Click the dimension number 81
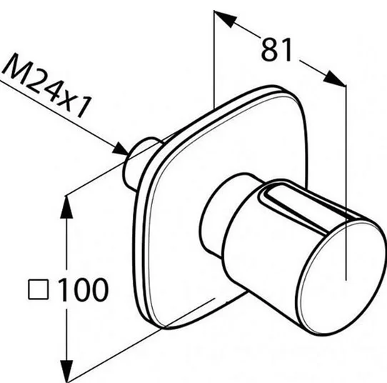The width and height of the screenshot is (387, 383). click(276, 50)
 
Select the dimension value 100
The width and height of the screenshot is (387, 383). click(84, 289)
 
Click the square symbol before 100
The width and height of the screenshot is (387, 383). click(39, 289)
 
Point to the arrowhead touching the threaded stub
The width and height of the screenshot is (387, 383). click(121, 149)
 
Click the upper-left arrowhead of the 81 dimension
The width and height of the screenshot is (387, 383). click(226, 19)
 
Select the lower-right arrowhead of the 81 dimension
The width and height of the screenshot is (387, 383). click(334, 79)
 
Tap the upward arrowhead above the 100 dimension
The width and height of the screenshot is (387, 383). click(66, 207)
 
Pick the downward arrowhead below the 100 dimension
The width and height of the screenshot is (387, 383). click(66, 372)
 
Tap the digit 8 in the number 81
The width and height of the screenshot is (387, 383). click(269, 50)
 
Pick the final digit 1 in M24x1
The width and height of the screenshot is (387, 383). click(85, 106)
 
